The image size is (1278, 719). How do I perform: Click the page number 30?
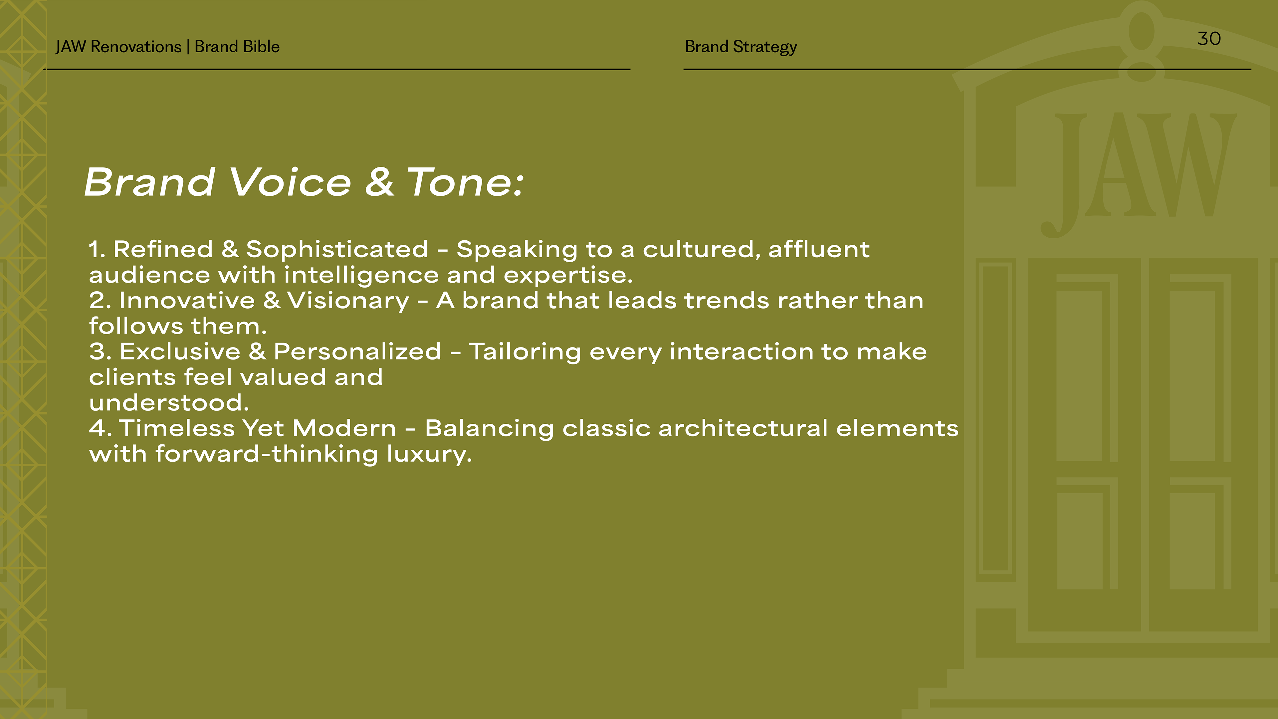(1209, 39)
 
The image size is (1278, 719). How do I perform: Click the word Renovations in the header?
(136, 47)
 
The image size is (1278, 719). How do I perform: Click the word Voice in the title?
(290, 182)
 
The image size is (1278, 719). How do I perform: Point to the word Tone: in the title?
(465, 182)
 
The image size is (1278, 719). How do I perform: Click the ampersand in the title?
(379, 182)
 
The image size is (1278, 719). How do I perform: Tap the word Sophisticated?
(337, 249)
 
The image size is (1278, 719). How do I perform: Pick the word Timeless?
(177, 428)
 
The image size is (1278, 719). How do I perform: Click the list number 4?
(97, 428)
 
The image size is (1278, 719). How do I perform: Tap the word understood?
(169, 402)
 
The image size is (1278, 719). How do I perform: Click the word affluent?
(819, 249)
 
